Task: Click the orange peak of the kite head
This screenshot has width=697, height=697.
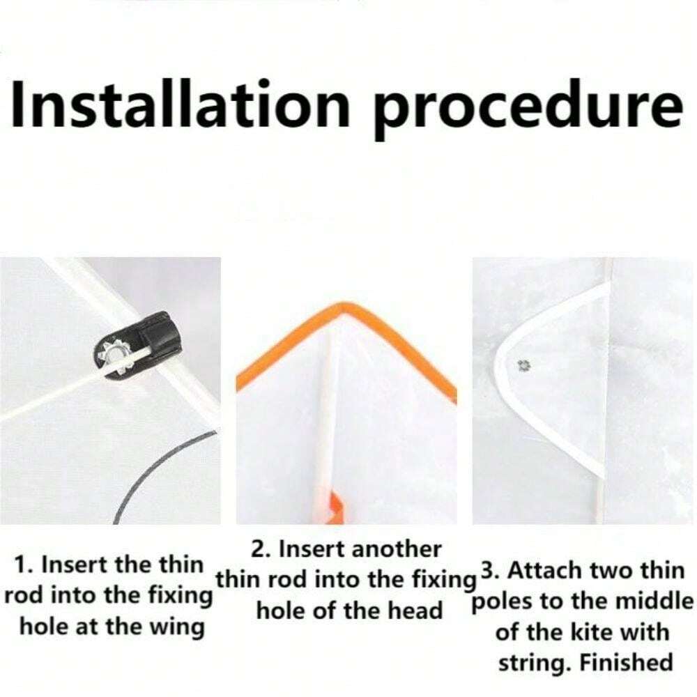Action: (342, 307)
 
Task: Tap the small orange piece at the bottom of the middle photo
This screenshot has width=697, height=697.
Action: (336, 507)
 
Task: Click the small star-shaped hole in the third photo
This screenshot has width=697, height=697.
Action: (523, 366)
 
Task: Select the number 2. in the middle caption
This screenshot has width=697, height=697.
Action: (261, 549)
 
